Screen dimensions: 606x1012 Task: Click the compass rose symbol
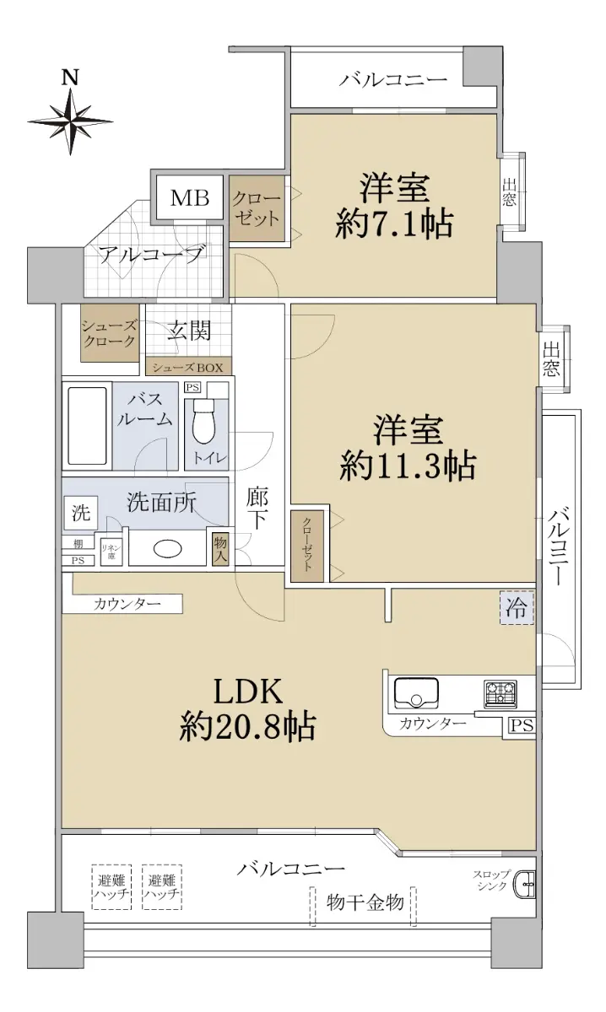70,122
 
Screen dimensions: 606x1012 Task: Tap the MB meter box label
190,198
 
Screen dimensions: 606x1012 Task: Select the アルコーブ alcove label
151,256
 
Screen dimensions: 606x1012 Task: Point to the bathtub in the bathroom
87,426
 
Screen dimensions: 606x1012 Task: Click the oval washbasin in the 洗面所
168,549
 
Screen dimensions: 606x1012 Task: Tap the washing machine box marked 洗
80,514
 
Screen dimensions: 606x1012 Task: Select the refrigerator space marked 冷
517,609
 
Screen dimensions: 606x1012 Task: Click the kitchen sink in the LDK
416,693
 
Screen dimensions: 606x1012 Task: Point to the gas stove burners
500,694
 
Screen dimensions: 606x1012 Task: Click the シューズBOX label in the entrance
187,368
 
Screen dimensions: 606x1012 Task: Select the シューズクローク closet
110,333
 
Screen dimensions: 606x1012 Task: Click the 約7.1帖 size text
394,224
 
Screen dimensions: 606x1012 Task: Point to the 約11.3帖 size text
408,466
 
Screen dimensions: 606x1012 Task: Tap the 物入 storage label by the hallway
220,548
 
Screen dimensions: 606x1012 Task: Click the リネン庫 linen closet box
111,552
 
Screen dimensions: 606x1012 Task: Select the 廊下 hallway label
257,509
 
